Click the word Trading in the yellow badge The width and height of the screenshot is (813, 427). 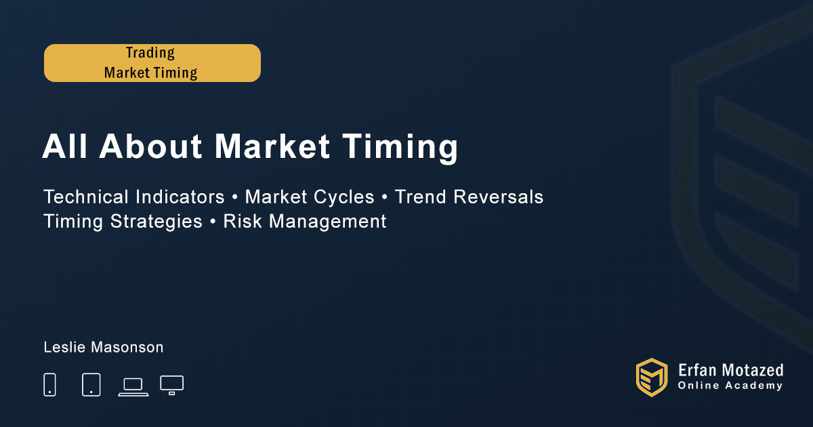[150, 54]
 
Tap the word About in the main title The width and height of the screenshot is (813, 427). [150, 146]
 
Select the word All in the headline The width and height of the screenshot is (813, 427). [65, 146]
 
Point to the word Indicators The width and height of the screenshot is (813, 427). [180, 197]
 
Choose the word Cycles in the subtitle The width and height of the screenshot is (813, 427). [343, 197]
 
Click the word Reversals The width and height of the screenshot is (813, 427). [498, 197]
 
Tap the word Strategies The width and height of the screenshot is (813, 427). [156, 222]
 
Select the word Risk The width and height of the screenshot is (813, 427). [243, 221]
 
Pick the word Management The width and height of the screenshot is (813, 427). [328, 222]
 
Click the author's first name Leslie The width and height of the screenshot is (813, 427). [65, 347]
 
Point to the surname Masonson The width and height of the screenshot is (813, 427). [127, 347]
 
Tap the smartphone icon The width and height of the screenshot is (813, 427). [49, 384]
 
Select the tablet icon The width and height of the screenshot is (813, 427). [91, 384]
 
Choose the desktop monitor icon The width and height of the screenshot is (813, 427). [171, 385]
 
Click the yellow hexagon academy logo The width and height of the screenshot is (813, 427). [652, 378]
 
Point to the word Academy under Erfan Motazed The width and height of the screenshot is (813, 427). [754, 386]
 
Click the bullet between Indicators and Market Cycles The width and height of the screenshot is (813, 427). [235, 197]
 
